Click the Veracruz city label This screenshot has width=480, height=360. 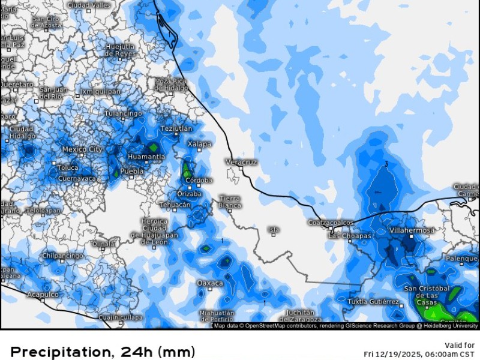[x=241, y=162]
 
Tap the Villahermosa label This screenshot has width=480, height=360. [x=412, y=230]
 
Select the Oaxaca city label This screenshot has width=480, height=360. [x=210, y=283]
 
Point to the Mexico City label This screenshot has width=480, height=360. [x=82, y=149]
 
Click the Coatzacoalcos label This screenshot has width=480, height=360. [x=330, y=222]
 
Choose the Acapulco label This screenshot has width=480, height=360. [x=43, y=295]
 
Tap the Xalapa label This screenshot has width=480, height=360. [x=200, y=144]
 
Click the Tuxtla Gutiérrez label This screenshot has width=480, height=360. [x=373, y=301]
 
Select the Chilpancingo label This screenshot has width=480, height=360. [x=62, y=256]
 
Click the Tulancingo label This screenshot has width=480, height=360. [x=124, y=113]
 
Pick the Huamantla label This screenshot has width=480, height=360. [x=146, y=157]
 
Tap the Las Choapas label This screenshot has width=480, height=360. [x=350, y=236]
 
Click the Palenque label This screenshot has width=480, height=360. [x=461, y=259]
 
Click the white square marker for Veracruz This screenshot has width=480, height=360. [x=241, y=169]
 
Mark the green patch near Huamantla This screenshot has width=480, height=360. [x=154, y=146]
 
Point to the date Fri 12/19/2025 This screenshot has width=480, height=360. [x=393, y=353]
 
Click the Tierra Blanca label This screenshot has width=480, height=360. [x=230, y=202]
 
